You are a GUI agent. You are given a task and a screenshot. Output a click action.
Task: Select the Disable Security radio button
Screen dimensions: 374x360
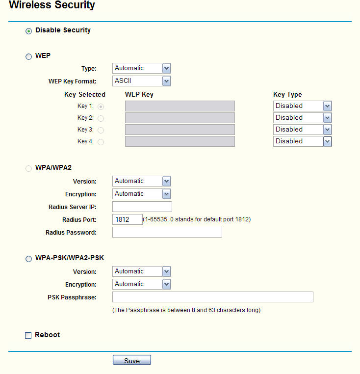28,31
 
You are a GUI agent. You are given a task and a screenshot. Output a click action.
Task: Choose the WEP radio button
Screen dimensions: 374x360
28,56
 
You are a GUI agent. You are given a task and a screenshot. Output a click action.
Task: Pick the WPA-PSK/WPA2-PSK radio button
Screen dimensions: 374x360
28,259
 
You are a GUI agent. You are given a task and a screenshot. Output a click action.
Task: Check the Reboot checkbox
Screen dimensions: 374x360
28,336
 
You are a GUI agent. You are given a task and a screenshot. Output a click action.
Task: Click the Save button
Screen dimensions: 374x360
131,361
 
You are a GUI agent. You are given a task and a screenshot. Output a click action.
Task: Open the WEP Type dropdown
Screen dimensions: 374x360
141,68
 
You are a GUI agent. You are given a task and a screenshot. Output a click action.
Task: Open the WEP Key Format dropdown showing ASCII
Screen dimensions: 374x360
141,81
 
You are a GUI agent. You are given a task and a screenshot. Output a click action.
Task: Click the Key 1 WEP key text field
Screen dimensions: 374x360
180,106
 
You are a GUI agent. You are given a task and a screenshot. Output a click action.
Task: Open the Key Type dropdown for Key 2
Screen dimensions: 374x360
302,118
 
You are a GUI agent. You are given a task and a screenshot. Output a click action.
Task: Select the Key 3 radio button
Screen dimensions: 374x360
101,130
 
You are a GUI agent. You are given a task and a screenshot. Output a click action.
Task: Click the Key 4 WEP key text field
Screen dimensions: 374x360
180,141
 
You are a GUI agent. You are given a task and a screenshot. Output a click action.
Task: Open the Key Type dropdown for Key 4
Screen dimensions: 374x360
302,141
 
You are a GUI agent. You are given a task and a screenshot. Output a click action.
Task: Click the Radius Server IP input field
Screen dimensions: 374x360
142,207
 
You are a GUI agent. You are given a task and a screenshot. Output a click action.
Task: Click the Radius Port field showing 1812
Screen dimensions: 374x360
127,219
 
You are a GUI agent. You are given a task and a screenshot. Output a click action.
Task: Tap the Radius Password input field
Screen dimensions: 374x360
167,232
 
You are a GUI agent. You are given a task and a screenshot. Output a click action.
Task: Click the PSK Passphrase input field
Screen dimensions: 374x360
212,297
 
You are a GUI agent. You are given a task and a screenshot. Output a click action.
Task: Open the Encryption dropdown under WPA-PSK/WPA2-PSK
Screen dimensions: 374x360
141,284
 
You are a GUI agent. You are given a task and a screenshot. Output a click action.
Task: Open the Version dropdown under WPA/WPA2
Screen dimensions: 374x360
141,181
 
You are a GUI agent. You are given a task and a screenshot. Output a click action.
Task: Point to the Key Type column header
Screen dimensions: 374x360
287,95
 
